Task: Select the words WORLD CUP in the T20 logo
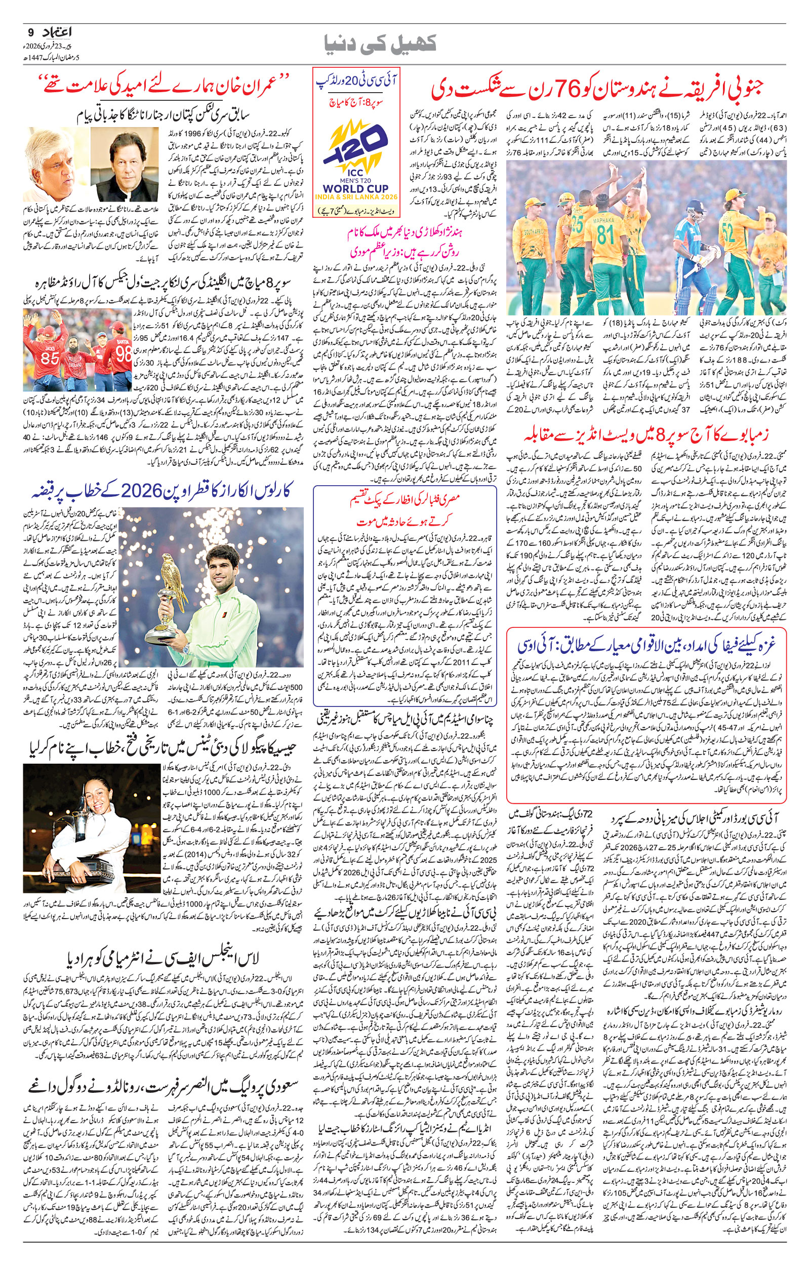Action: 356,187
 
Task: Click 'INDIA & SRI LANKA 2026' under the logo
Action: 356,196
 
